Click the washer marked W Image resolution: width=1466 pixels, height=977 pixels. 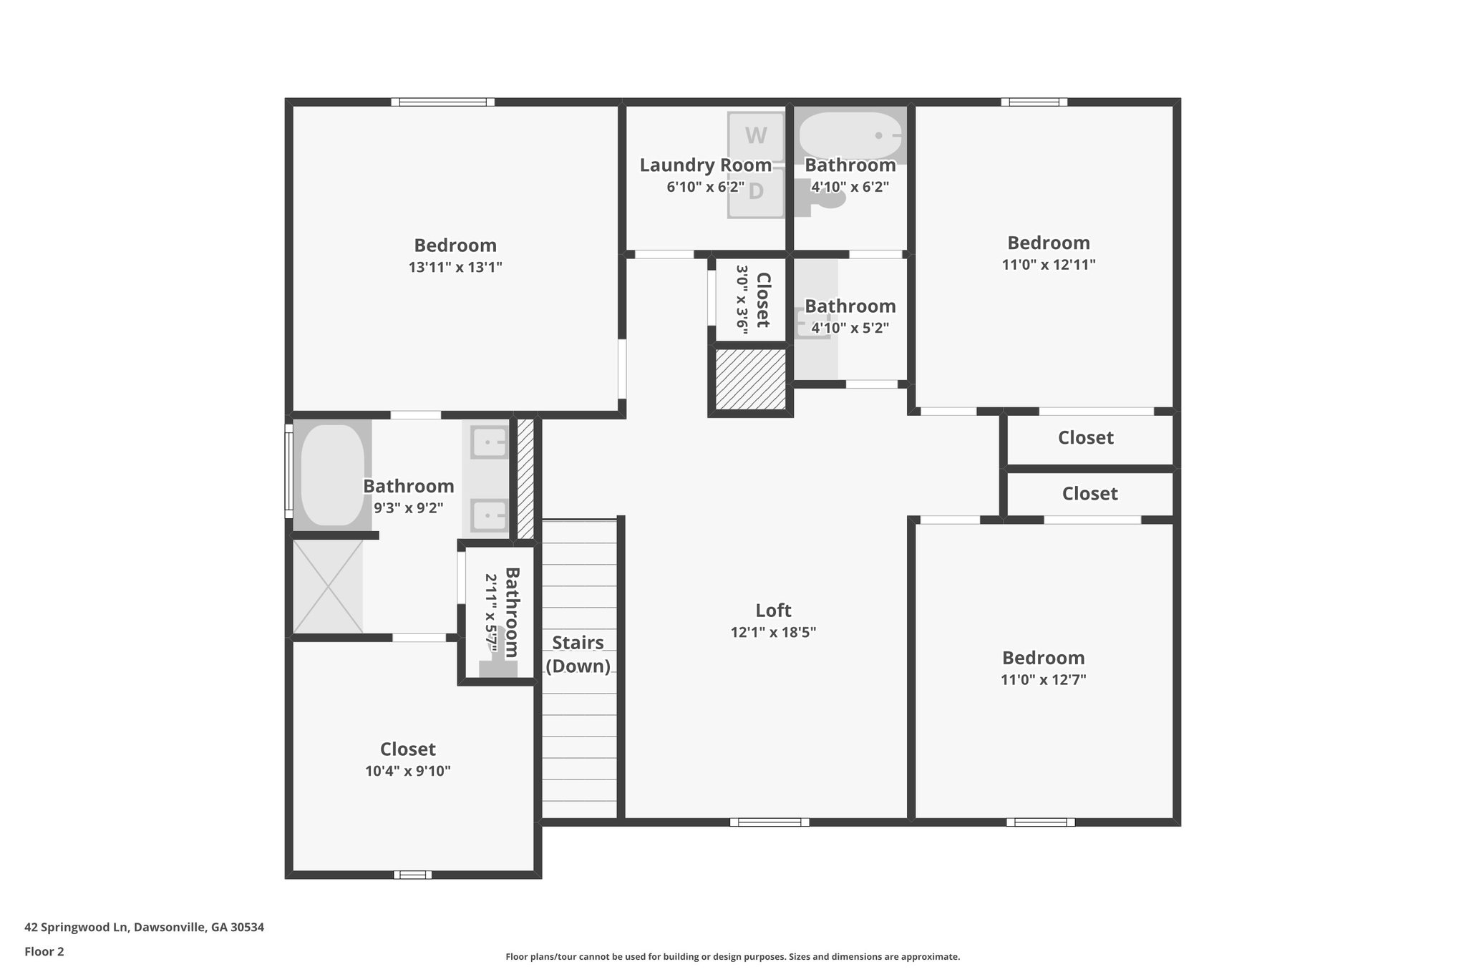[x=755, y=136]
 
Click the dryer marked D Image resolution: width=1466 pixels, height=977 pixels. [x=756, y=192]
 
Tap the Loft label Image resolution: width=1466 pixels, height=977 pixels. [x=773, y=611]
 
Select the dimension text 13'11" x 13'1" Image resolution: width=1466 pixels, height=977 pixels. [x=455, y=268]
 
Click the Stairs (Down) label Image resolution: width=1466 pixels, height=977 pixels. [x=578, y=654]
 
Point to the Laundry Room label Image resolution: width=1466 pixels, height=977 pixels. [x=705, y=165]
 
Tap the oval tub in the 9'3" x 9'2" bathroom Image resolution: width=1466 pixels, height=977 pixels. [x=332, y=475]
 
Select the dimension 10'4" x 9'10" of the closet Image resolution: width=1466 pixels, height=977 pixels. [x=407, y=772]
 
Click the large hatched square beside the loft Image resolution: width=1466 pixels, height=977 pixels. [x=751, y=379]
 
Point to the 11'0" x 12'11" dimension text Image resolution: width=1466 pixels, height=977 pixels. [x=1048, y=265]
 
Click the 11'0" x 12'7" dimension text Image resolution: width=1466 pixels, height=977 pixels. [x=1043, y=680]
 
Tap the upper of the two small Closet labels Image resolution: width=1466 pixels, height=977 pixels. [x=1085, y=438]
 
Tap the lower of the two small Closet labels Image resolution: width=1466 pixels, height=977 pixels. [x=1089, y=494]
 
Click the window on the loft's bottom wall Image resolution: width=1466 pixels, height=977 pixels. [x=770, y=822]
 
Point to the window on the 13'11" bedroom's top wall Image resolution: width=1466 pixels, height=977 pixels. [x=443, y=102]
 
